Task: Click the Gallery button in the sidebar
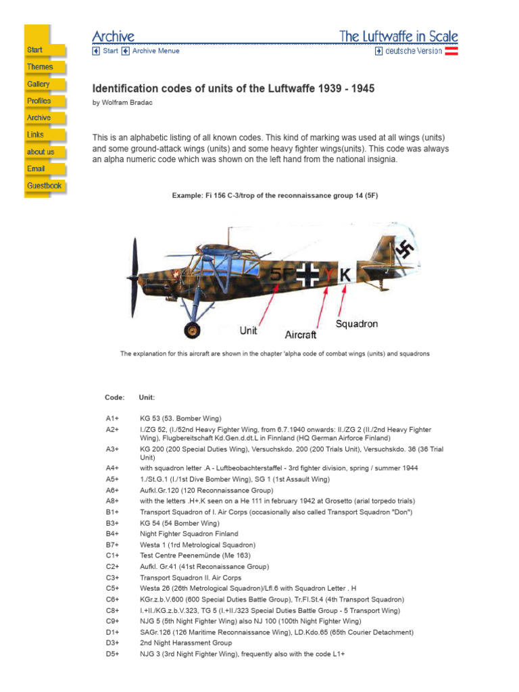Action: [x=39, y=84]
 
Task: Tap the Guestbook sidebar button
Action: [x=45, y=185]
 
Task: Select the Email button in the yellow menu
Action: [x=36, y=168]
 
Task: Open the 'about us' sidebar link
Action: [x=41, y=151]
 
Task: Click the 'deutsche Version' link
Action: [x=414, y=51]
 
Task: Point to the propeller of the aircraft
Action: [x=134, y=276]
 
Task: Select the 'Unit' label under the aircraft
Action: [x=249, y=330]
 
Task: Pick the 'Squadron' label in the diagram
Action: [x=357, y=324]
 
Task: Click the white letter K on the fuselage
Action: [x=345, y=275]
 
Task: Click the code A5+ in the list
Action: [x=112, y=478]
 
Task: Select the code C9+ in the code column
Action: [x=112, y=620]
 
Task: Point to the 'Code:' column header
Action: [x=114, y=397]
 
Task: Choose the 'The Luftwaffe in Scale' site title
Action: [x=399, y=36]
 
